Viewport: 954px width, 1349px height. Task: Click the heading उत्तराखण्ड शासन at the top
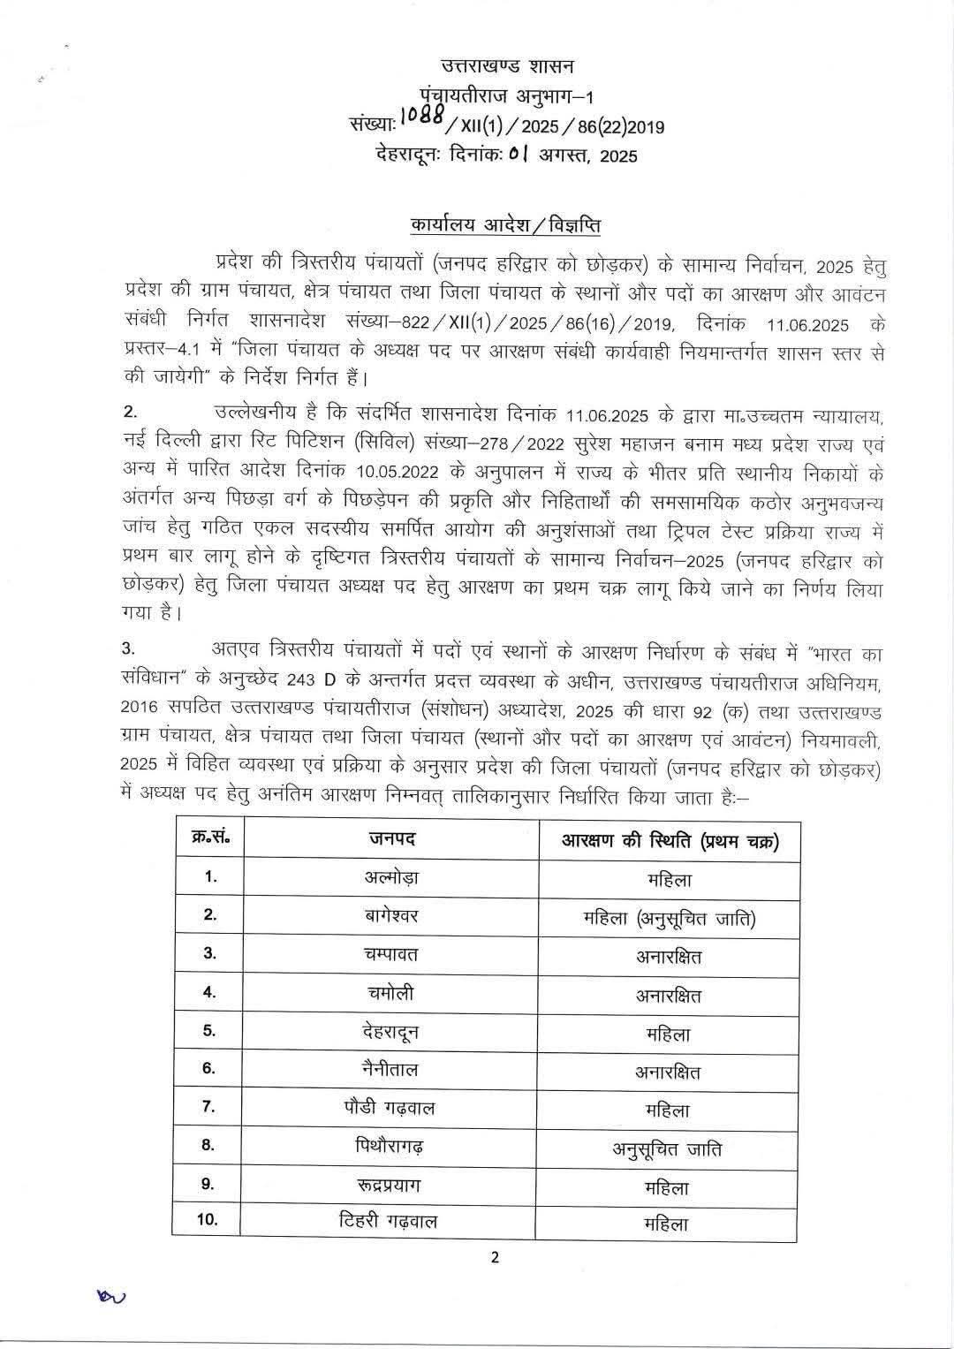507,65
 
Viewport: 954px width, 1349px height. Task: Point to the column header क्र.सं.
210,838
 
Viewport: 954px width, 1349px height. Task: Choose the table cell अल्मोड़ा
392,878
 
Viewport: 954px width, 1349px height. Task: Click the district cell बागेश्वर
392,916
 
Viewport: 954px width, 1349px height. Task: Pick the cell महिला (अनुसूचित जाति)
669,919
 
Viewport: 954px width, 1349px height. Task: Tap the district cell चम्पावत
392,954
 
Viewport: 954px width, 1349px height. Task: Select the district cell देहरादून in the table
392,1031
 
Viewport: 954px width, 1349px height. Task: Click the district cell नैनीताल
392,1070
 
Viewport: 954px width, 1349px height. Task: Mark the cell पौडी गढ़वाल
392,1108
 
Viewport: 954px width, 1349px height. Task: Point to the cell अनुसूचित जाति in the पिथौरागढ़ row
668,1148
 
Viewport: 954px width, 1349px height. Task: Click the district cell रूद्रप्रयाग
392,1186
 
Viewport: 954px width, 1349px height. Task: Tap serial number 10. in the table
208,1221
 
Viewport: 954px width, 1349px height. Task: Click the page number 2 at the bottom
495,1258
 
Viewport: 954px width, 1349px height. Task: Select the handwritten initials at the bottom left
112,1296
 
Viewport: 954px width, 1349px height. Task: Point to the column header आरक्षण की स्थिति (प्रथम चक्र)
669,840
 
